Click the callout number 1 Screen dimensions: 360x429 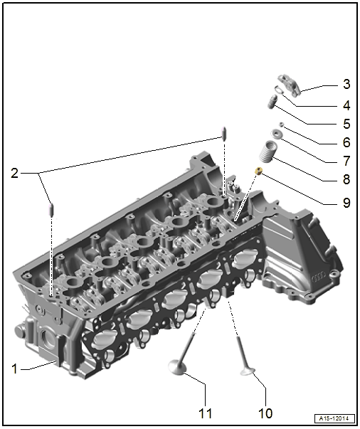(15, 369)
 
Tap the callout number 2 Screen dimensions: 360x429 (14, 173)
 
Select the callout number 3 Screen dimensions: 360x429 (346, 84)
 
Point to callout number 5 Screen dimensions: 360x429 (346, 124)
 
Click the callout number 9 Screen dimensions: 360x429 (346, 203)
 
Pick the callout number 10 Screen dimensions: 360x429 (265, 413)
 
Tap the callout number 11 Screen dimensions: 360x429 (205, 413)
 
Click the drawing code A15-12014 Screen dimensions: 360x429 (334, 418)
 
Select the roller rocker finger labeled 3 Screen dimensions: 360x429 (290, 85)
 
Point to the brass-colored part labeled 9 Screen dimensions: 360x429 (258, 171)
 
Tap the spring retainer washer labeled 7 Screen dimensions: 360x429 (277, 134)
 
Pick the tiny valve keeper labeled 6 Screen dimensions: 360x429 (281, 125)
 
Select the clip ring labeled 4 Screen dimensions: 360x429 (279, 90)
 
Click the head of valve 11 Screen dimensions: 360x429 (177, 367)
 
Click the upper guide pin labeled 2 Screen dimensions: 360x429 (224, 133)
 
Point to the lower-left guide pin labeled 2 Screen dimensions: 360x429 (51, 209)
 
